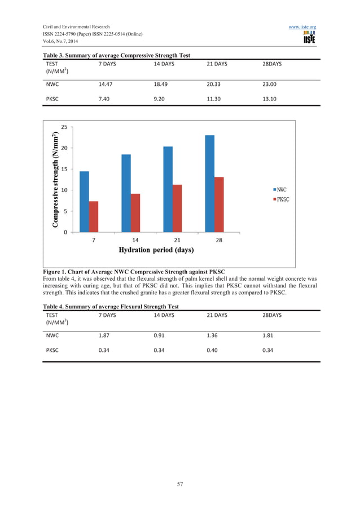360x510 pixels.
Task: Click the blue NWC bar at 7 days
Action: pos(84,202)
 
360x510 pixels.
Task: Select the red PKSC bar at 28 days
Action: pos(219,204)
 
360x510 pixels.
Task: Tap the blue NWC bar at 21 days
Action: pos(168,189)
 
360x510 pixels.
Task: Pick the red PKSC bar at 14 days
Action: pos(135,213)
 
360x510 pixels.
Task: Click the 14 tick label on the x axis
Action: pos(135,240)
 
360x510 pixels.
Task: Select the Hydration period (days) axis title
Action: pos(156,250)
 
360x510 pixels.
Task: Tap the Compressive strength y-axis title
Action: pos(55,180)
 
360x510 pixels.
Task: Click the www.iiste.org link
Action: pos(302,27)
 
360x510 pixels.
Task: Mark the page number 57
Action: pos(179,484)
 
